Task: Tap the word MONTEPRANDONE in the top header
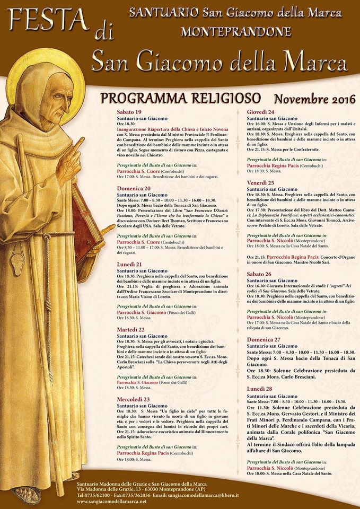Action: point(235,31)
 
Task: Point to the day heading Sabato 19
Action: point(129,112)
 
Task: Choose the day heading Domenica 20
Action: point(134,188)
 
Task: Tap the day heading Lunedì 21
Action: point(130,264)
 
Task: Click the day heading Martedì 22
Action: point(131,329)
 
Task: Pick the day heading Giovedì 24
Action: point(260,112)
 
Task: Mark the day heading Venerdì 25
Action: point(261,182)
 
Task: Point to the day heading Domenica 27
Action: point(263,339)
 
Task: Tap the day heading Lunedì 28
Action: point(259,389)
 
